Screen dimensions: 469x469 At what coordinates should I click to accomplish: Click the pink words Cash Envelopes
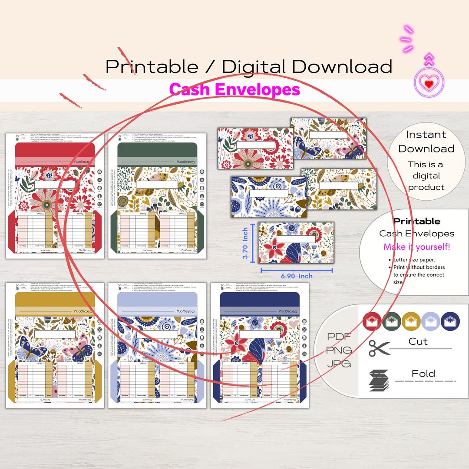pyautogui.click(x=234, y=89)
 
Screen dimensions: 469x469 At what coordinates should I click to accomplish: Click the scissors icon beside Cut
pyautogui.click(x=379, y=348)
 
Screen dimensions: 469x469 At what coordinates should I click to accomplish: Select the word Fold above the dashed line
pyautogui.click(x=423, y=373)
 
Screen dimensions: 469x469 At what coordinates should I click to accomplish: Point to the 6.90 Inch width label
pyautogui.click(x=297, y=276)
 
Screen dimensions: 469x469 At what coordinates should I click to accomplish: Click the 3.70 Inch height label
pyautogui.click(x=245, y=243)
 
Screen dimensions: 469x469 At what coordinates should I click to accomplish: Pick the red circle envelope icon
pyautogui.click(x=372, y=321)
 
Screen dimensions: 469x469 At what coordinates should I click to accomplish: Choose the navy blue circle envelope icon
pyautogui.click(x=450, y=321)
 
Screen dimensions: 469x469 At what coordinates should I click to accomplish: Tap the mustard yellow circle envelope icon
pyautogui.click(x=411, y=321)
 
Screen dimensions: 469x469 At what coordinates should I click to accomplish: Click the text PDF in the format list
pyautogui.click(x=340, y=337)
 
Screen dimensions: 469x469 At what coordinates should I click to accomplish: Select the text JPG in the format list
pyautogui.click(x=340, y=364)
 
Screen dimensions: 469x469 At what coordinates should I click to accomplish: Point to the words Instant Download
pyautogui.click(x=426, y=142)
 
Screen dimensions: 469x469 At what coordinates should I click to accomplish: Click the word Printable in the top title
pyautogui.click(x=152, y=67)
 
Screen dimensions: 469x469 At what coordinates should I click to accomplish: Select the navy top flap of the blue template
pyautogui.click(x=260, y=298)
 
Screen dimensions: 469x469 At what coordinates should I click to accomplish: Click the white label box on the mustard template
pyautogui.click(x=55, y=334)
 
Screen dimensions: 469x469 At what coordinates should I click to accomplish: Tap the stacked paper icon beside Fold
pyautogui.click(x=379, y=381)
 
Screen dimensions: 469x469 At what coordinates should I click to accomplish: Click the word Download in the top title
pyautogui.click(x=342, y=67)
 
